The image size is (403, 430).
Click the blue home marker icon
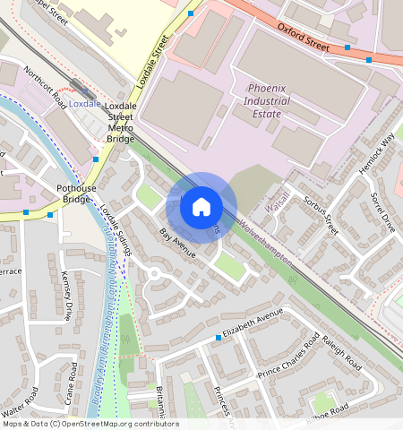(201, 207)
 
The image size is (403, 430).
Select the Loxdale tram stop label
(84, 104)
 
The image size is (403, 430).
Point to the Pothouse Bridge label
(75, 193)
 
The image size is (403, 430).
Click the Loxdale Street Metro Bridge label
(120, 123)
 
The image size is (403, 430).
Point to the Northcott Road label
(46, 83)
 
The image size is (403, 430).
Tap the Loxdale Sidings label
(116, 231)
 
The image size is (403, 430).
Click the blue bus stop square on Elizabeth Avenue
(218, 338)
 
